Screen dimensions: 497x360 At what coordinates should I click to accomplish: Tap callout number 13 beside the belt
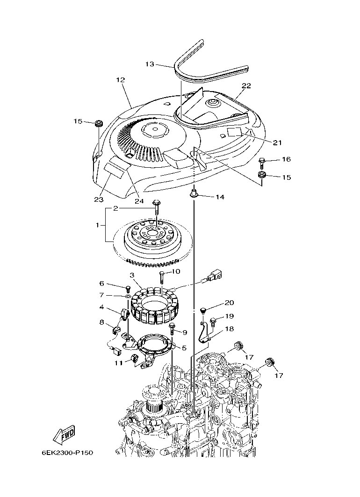click(149, 64)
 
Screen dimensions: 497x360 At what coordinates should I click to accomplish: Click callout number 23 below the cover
click(98, 199)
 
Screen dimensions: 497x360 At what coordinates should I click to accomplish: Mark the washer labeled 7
click(128, 296)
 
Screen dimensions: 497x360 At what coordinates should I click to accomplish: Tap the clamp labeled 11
click(135, 359)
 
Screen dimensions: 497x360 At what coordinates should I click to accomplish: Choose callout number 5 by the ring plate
click(184, 348)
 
